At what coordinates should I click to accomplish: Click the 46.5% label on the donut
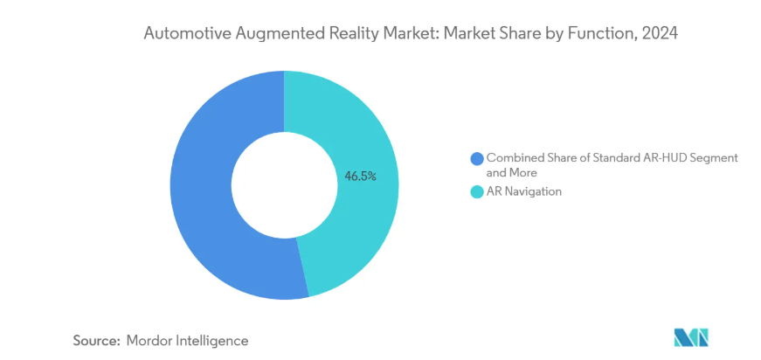pyautogui.click(x=360, y=176)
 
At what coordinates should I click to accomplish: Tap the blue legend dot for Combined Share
pyautogui.click(x=476, y=158)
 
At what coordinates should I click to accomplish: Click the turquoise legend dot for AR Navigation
pyautogui.click(x=476, y=191)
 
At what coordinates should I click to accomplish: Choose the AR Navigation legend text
pyautogui.click(x=523, y=191)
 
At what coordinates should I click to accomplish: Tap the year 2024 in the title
pyautogui.click(x=661, y=34)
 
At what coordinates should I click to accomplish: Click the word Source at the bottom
pyautogui.click(x=92, y=340)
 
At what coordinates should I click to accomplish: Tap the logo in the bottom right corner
pyautogui.click(x=690, y=337)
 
